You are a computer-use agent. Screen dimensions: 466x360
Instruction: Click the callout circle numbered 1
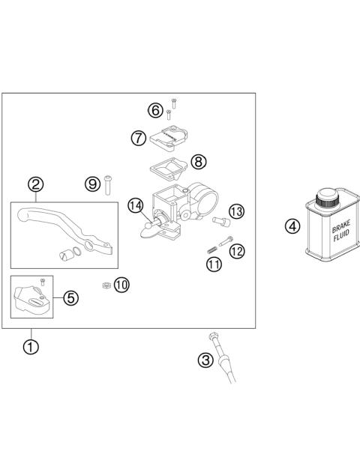(x=31, y=347)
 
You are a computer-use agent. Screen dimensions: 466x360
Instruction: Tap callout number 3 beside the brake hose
(x=205, y=360)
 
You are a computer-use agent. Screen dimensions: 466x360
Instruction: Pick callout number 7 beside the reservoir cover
(x=137, y=138)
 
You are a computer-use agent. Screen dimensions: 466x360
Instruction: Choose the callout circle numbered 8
(x=198, y=161)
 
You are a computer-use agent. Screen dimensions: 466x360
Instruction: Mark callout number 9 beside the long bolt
(x=92, y=183)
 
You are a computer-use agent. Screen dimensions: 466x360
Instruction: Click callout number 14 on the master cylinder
(x=135, y=206)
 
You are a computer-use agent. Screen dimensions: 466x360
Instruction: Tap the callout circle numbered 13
(x=237, y=212)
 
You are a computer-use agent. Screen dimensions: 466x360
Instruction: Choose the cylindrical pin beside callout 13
(x=220, y=220)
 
